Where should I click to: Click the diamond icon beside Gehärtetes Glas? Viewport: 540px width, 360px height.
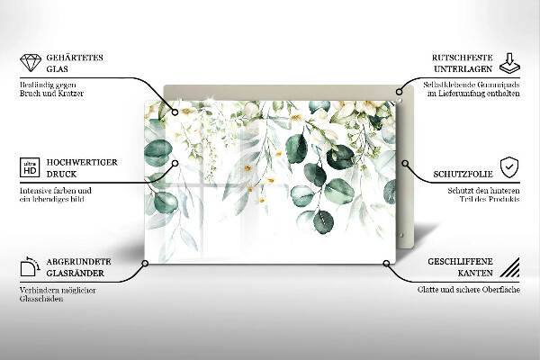click(29, 64)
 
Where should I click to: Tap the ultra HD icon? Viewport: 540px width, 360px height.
click(29, 166)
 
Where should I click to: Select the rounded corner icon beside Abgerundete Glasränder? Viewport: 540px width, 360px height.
click(29, 266)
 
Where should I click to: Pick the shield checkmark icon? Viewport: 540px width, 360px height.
click(509, 167)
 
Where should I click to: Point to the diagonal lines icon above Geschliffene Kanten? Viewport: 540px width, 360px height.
click(509, 266)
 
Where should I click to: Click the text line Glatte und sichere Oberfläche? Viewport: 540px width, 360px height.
click(466, 291)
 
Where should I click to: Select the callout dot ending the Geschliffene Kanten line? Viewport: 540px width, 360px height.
click(387, 265)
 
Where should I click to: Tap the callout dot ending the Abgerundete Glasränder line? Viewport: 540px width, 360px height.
click(144, 265)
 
